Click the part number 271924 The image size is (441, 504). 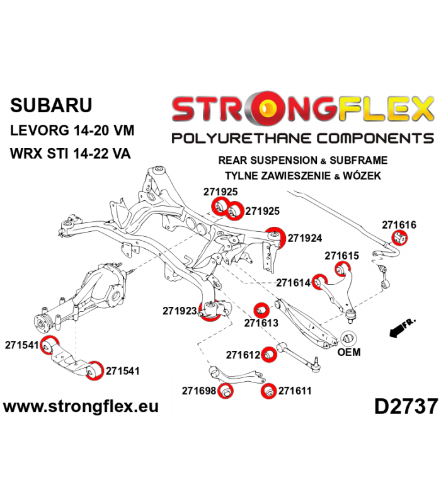(304, 238)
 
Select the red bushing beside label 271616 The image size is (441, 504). (399, 238)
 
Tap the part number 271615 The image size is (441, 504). (341, 256)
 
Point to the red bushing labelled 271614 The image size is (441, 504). (319, 282)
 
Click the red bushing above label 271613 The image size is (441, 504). (261, 310)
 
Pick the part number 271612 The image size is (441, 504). (243, 355)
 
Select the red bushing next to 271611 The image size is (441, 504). (268, 391)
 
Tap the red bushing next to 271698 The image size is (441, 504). (226, 391)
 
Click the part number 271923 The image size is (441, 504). (180, 311)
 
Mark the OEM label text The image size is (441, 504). (349, 352)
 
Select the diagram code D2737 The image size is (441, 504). (406, 406)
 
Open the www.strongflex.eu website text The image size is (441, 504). (81, 406)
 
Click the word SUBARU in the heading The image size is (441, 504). (51, 105)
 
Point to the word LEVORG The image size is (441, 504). (40, 131)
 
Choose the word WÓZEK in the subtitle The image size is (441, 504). (362, 176)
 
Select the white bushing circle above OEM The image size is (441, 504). (349, 338)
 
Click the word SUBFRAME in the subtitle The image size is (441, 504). (358, 160)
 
